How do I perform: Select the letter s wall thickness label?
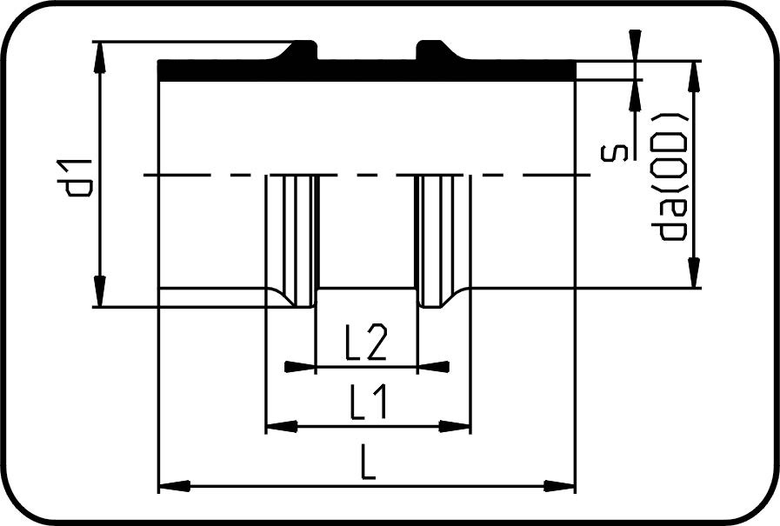612,154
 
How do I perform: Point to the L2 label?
365,343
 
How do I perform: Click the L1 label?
369,403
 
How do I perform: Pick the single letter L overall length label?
368,463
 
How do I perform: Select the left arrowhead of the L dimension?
175,485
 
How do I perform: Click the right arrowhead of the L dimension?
559,485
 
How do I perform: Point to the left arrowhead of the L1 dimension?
282,426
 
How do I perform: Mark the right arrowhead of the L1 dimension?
455,426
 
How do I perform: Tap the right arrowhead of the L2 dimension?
433,367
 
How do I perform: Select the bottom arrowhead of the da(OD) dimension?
695,272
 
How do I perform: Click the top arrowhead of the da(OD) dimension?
695,77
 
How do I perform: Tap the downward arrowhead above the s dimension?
635,45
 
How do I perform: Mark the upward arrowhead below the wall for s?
635,95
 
